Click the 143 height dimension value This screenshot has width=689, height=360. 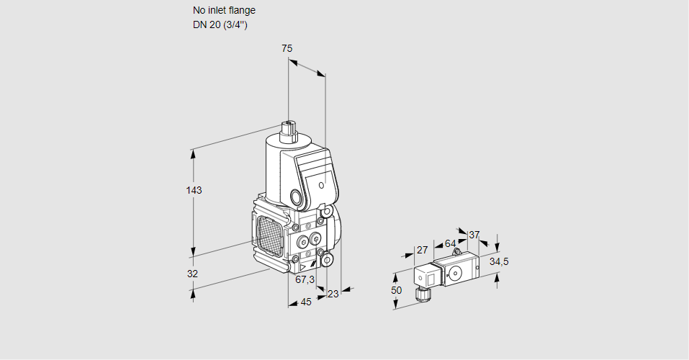click(194, 191)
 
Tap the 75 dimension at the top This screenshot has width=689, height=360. click(287, 48)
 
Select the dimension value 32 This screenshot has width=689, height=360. click(192, 274)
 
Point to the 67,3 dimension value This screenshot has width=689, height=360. click(305, 279)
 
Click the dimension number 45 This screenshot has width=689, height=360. click(305, 302)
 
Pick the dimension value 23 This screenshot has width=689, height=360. click(333, 294)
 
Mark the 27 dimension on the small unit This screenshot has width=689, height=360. click(423, 250)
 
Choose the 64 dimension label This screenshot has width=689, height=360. click(450, 243)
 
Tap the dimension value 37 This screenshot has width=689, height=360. click(474, 235)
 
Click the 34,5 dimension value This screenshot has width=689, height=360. click(499, 261)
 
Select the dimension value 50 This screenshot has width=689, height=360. click(396, 290)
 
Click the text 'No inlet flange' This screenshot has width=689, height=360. click(224, 11)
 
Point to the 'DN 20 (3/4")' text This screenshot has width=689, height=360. click(220, 25)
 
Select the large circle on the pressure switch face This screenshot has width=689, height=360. click(455, 273)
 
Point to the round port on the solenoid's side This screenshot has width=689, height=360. click(297, 197)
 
